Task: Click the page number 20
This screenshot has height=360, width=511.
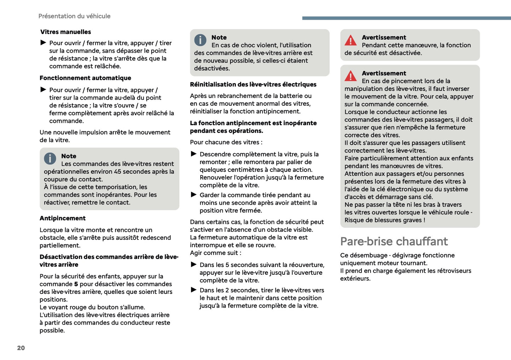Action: [x=21, y=348]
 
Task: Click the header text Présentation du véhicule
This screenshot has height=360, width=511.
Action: [x=74, y=16]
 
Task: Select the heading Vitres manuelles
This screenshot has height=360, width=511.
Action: [x=65, y=32]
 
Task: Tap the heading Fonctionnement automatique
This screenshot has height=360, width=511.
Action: [x=85, y=78]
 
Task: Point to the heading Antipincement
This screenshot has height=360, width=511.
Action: [x=63, y=218]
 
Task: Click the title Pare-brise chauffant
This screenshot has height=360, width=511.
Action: [x=394, y=241]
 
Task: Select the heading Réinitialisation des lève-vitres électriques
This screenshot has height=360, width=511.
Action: [x=253, y=85]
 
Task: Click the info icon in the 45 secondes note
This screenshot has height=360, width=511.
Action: [x=50, y=158]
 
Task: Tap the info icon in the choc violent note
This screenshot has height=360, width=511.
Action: [x=200, y=40]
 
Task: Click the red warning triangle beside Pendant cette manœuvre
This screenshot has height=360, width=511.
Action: [x=350, y=40]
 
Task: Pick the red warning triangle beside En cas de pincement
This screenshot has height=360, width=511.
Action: [x=350, y=76]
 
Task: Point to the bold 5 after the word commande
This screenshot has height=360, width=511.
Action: [x=76, y=284]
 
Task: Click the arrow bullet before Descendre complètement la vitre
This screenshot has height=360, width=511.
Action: [x=193, y=154]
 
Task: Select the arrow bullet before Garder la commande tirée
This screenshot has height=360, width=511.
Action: [x=193, y=194]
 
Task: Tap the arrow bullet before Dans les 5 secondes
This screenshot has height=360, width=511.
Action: [x=193, y=264]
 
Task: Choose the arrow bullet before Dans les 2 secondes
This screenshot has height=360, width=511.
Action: [x=193, y=290]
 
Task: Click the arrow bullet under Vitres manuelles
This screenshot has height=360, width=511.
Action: [x=43, y=42]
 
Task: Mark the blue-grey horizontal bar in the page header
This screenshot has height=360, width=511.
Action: [x=406, y=18]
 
